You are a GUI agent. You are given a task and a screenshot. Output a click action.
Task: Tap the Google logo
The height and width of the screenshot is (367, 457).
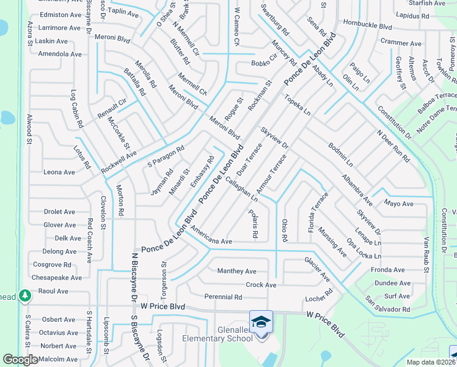pos(20,360)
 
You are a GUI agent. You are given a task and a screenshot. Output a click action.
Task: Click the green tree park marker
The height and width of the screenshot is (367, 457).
pos(25,297)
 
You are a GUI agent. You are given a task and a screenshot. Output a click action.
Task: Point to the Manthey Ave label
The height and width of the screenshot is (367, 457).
pos(236,271)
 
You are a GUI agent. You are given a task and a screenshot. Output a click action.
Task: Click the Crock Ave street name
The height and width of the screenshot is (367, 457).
pos(261,284)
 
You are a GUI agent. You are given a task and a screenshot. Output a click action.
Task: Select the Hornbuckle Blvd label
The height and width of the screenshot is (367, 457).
pos(367,27)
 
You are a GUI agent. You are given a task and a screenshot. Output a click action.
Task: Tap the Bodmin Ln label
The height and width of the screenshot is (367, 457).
pos(340,155)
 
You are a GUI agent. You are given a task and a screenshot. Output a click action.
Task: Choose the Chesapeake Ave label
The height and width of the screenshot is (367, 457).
pos(57,278)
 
